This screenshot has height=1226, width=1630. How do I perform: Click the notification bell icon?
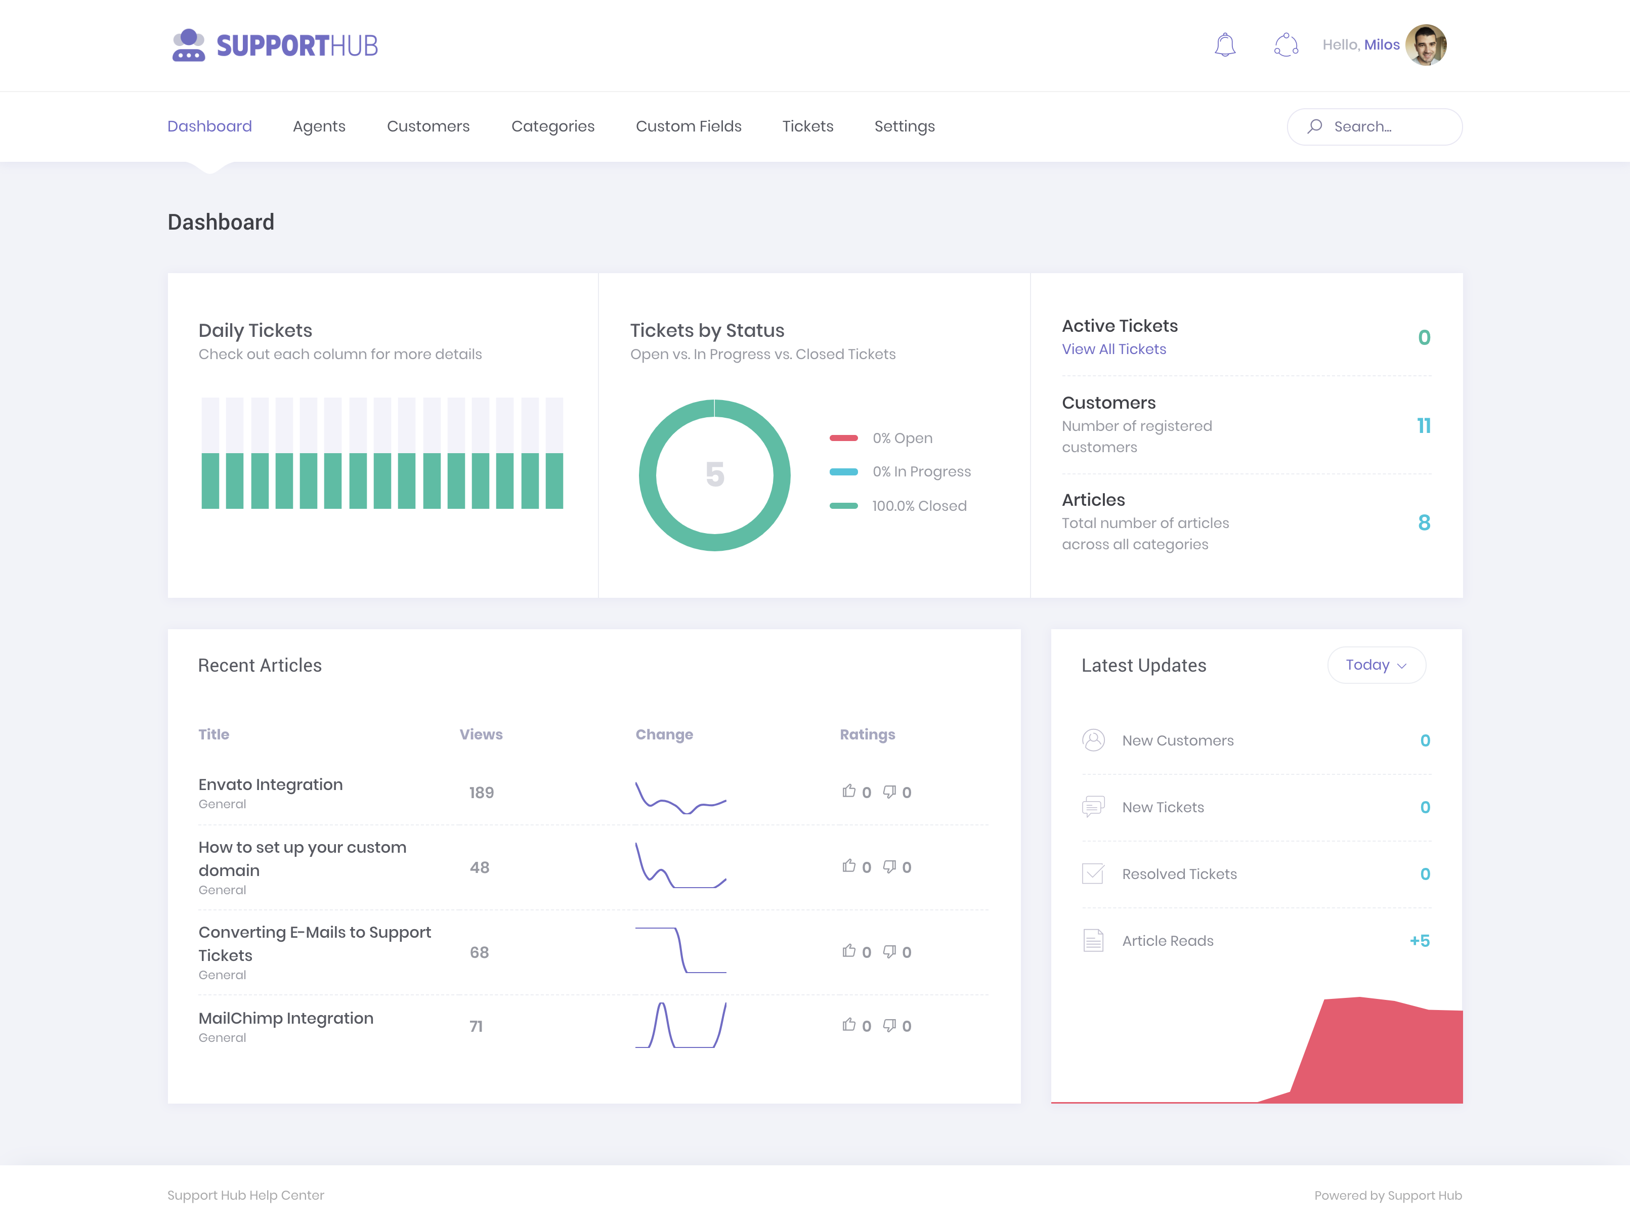click(x=1225, y=45)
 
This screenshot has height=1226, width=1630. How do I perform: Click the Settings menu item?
click(x=904, y=127)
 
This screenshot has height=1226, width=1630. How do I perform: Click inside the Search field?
click(x=1375, y=127)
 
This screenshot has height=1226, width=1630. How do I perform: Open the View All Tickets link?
click(x=1113, y=349)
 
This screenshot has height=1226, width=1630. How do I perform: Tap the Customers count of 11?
click(x=1424, y=426)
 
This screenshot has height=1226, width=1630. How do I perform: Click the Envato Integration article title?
click(x=271, y=784)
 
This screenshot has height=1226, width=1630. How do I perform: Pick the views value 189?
click(x=481, y=793)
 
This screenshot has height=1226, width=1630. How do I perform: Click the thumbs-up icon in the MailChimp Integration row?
click(x=849, y=1025)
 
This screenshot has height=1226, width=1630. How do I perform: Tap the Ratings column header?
click(x=867, y=734)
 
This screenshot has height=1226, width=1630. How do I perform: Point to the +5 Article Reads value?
click(x=1419, y=941)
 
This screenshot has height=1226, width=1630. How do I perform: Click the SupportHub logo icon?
click(x=189, y=45)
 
